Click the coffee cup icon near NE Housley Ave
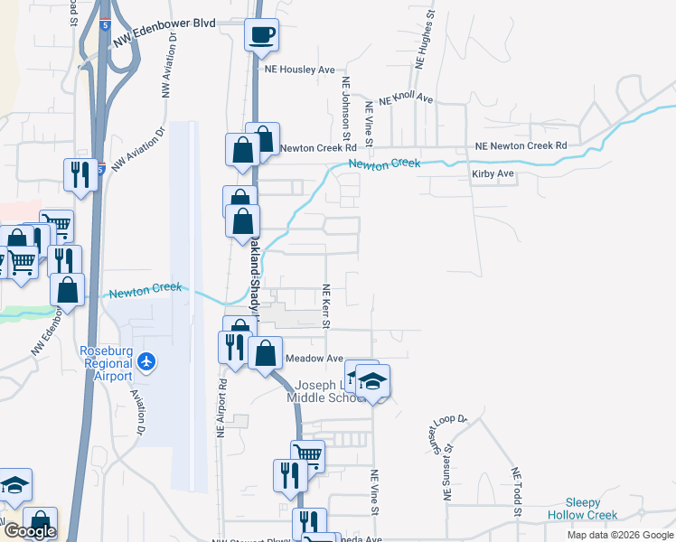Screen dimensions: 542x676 (x=262, y=36)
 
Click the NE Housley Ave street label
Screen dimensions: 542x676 (x=299, y=69)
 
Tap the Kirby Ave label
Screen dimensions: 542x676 (x=493, y=173)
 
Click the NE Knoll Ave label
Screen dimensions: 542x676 (x=407, y=99)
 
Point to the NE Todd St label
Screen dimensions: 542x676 (x=517, y=492)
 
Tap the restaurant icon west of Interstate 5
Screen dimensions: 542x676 (x=80, y=173)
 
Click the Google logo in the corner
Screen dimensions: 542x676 (x=29, y=532)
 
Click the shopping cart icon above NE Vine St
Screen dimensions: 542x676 (x=307, y=456)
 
